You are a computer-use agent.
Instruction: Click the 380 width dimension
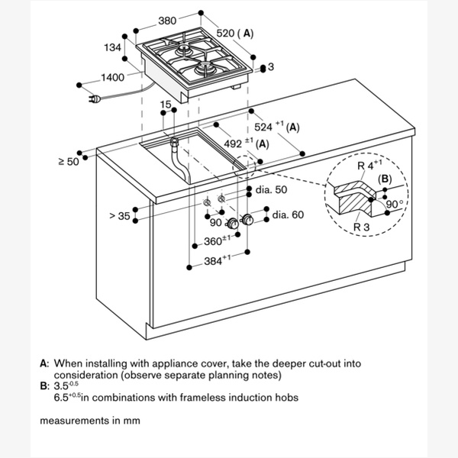169,21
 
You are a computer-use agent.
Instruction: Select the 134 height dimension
114,48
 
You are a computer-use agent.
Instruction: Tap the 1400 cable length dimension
113,77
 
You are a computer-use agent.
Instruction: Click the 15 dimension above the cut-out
166,105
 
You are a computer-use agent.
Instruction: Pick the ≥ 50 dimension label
68,161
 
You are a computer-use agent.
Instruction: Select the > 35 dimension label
121,216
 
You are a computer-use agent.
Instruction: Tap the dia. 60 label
288,215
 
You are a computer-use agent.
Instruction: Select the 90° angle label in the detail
394,204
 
